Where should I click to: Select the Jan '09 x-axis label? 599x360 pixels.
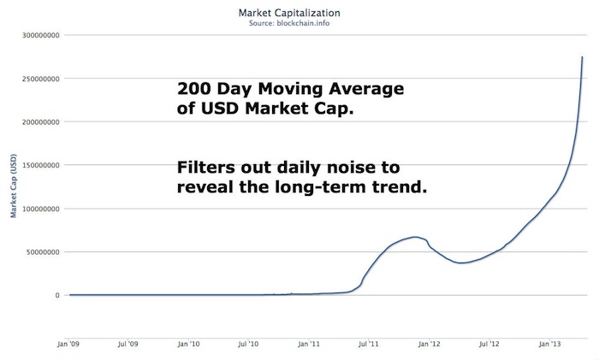coord(69,345)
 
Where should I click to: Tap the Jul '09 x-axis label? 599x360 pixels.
coord(128,345)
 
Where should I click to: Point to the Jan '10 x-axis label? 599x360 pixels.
coord(189,345)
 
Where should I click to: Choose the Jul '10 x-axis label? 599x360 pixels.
coord(249,345)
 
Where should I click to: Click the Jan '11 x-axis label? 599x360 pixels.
coord(310,345)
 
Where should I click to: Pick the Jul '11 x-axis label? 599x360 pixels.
coord(370,345)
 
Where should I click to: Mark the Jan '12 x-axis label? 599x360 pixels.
coord(430,345)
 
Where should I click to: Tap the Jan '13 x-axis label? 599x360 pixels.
coord(551,345)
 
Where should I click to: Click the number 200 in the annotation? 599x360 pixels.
coord(193,90)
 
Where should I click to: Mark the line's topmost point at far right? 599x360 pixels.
coord(583,57)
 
